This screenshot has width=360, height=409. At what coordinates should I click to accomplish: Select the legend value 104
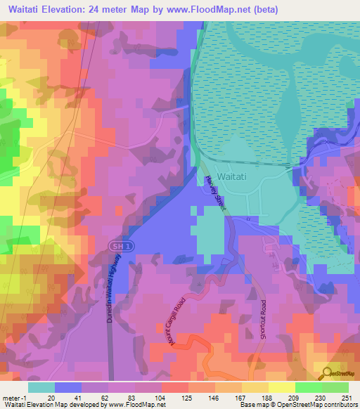(162, 397)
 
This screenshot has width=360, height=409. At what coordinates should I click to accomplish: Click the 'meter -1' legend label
(15, 397)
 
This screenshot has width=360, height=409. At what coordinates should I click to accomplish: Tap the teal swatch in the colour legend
(41, 387)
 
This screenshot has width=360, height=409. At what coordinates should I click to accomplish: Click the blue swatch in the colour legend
(68, 387)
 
